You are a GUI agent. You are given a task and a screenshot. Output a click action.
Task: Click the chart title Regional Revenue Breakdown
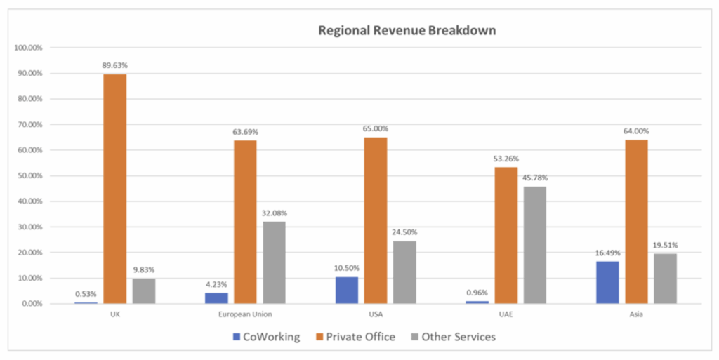(x=407, y=31)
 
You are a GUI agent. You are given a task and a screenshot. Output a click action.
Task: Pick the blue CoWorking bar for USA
(x=346, y=290)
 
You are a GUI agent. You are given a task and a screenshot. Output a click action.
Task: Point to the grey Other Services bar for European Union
(x=274, y=262)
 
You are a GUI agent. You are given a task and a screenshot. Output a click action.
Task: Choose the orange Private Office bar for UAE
(x=506, y=235)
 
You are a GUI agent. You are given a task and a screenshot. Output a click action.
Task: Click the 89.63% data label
(x=114, y=65)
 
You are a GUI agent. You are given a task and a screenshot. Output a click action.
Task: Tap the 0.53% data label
(x=86, y=294)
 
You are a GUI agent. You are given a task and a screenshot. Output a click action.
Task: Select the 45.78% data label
(x=534, y=178)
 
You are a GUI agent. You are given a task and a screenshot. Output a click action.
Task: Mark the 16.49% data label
(x=607, y=253)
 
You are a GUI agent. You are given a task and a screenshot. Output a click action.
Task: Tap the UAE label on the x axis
(x=506, y=314)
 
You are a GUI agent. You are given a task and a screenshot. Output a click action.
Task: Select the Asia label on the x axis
(x=635, y=314)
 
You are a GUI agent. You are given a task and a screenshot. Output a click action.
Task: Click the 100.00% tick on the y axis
(x=28, y=48)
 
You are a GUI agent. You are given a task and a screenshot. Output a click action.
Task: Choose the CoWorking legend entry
(x=266, y=337)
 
